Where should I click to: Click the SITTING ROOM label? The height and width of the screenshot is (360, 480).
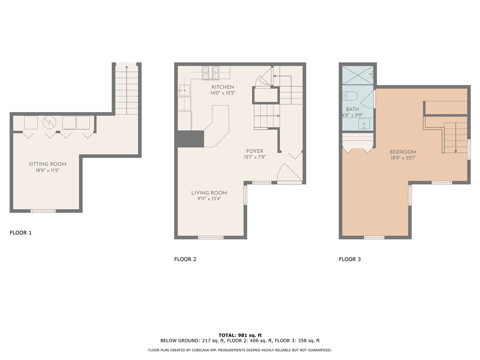[47, 164]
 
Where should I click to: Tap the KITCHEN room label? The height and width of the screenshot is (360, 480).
[223, 87]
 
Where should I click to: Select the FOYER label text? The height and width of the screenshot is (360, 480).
[255, 151]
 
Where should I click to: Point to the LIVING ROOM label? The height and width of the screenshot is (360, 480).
[209, 193]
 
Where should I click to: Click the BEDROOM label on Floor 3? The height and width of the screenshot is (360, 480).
[403, 152]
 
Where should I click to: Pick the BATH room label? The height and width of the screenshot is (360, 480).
[352, 109]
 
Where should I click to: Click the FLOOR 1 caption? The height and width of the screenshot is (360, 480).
[21, 232]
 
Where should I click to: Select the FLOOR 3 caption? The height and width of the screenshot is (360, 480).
[350, 259]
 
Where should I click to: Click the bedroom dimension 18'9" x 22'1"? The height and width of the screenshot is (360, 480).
[403, 158]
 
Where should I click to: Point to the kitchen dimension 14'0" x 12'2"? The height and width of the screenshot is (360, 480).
[223, 93]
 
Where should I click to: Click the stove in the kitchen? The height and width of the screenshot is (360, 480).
[211, 72]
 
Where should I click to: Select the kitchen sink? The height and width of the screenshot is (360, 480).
[184, 90]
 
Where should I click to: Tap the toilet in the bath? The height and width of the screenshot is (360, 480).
[350, 96]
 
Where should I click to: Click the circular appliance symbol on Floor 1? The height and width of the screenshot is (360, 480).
[49, 122]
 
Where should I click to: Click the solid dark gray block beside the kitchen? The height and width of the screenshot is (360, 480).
[191, 139]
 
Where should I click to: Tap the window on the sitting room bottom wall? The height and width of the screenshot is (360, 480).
[43, 211]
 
